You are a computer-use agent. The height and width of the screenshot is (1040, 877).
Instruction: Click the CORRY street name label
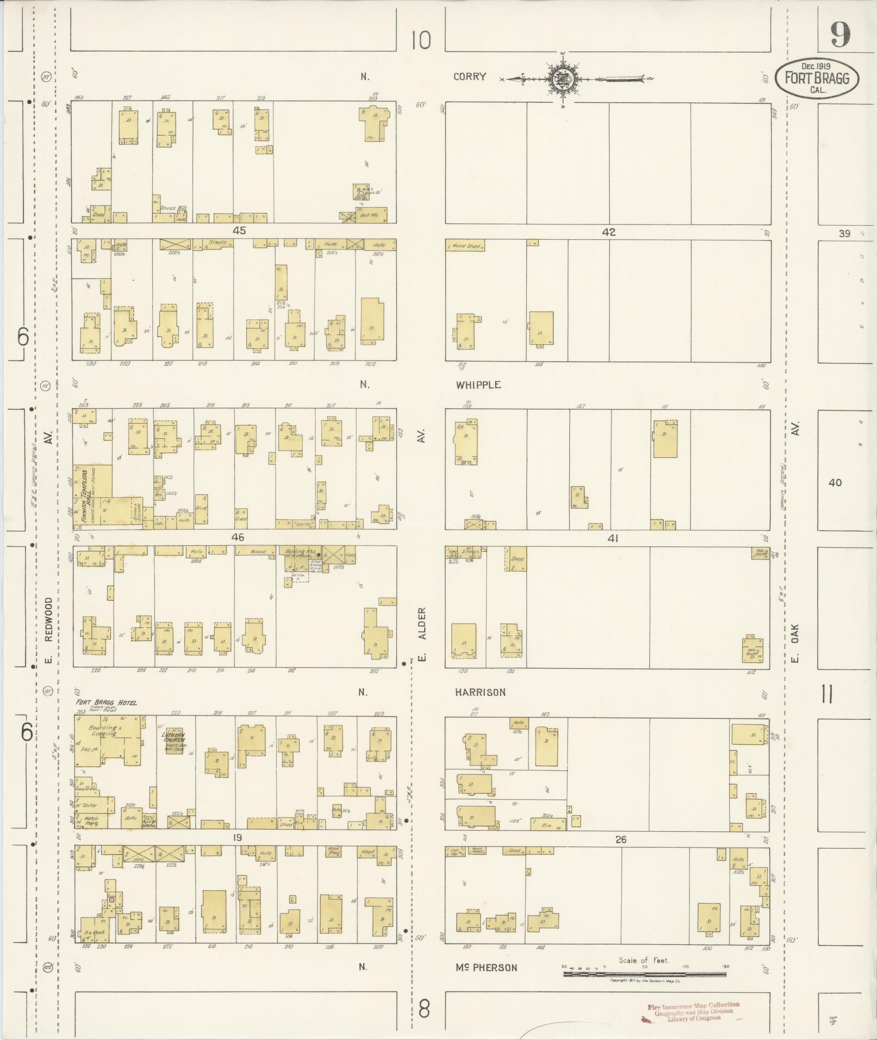[469, 77]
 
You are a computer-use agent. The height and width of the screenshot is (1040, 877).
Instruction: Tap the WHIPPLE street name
[478, 385]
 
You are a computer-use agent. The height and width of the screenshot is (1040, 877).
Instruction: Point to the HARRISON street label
[480, 692]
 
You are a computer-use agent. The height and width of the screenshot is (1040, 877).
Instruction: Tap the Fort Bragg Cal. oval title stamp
[817, 79]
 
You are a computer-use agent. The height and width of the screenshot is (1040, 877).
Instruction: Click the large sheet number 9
[840, 36]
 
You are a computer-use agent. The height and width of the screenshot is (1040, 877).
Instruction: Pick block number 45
[239, 231]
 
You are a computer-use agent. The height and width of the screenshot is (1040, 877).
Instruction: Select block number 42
[608, 232]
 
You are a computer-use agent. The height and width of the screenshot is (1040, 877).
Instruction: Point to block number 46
[238, 537]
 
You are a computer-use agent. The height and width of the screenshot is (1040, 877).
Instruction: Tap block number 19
[237, 838]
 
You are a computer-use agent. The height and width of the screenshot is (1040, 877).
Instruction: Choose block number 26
[620, 839]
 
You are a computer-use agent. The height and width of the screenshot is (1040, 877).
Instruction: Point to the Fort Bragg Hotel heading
[107, 702]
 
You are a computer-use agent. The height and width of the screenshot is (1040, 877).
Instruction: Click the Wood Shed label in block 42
[465, 246]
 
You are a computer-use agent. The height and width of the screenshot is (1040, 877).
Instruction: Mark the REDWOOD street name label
[48, 620]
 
